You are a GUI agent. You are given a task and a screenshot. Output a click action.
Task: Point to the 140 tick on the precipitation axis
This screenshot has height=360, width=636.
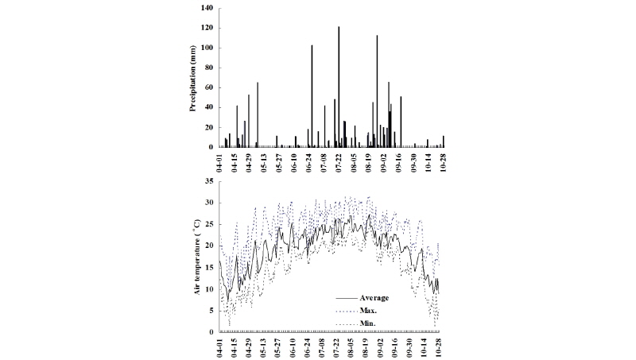[208, 8]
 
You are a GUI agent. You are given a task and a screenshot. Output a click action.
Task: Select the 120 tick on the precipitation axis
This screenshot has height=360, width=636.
[208, 28]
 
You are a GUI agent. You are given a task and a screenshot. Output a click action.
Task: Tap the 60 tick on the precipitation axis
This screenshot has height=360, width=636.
[210, 87]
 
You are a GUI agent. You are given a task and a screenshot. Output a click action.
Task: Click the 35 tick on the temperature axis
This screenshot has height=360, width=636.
[210, 181]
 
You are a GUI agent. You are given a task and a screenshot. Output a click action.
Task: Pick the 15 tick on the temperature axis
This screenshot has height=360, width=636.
[210, 268]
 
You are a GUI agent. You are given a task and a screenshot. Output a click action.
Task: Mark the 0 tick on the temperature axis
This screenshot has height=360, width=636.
[212, 332]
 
